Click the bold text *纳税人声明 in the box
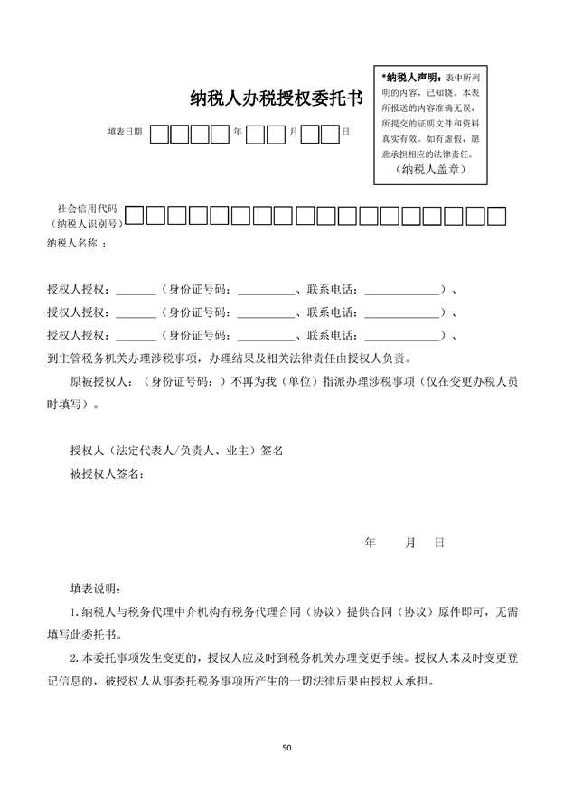click(411, 76)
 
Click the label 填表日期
click(125, 132)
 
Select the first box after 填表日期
click(159, 134)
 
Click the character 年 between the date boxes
click(238, 132)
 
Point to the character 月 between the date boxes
click(293, 132)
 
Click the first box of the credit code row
click(134, 215)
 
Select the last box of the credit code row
click(496, 215)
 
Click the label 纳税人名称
click(77, 244)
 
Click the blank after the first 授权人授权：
click(136, 291)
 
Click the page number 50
click(286, 748)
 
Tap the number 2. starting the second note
click(74, 657)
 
